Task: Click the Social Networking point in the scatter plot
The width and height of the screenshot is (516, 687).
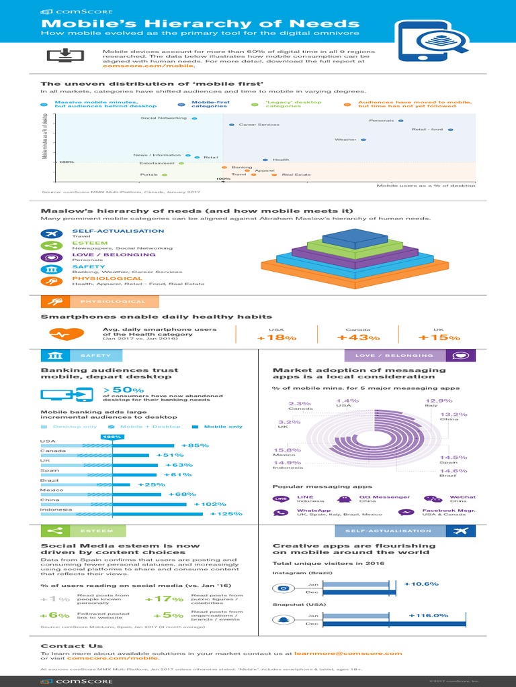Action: (194, 118)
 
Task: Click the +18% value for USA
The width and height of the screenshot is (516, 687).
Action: (276, 337)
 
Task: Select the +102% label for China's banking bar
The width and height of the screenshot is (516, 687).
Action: (210, 504)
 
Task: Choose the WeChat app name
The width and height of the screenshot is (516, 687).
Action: (463, 497)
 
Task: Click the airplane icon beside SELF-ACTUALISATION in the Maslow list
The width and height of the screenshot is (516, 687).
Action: (52, 233)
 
